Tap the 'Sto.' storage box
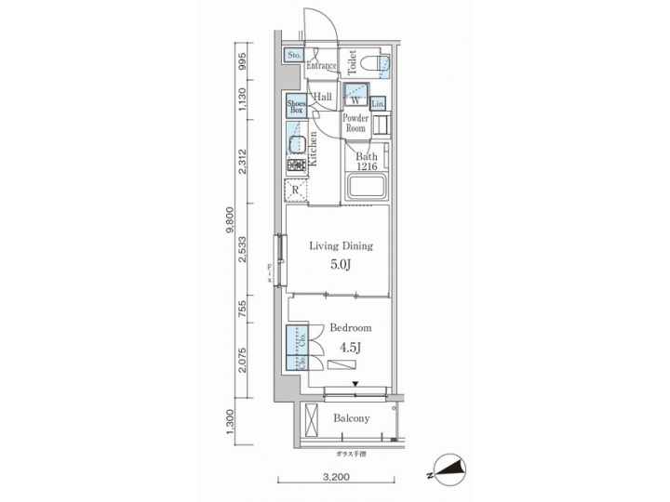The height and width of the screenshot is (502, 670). pos(293,55)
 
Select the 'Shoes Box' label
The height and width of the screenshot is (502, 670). pos(296,106)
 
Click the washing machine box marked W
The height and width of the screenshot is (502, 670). pos(355,98)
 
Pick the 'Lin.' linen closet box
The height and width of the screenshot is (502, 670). pos(379,104)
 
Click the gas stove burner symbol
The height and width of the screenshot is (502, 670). pos(297,165)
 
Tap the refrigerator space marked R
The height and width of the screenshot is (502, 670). pos(296,190)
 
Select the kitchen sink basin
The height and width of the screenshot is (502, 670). pos(297,144)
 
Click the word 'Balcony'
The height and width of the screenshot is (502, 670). pos(351,418)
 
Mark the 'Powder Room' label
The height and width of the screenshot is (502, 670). pos(355,125)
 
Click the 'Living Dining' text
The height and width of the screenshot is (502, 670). pos(341,246)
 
